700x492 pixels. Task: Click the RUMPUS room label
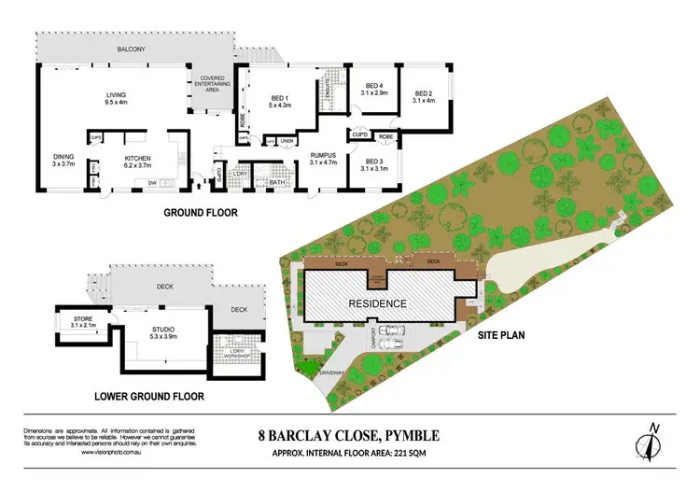(x=323, y=160)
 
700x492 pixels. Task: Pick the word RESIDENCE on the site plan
(x=377, y=303)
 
